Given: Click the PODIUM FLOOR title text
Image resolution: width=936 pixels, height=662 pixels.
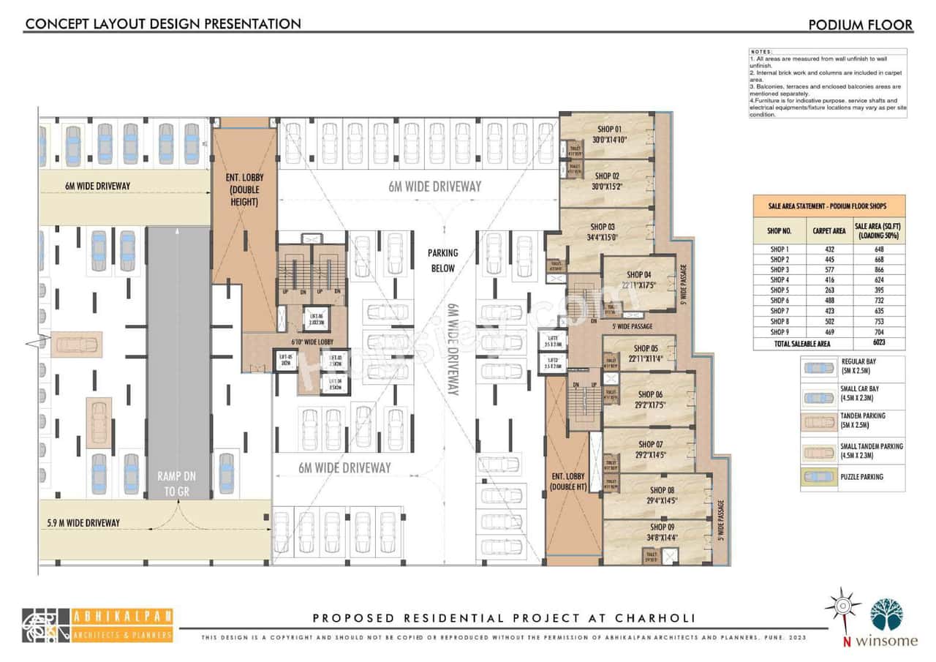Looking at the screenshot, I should pos(860,25).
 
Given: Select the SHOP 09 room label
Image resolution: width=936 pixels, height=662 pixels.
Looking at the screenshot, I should pos(662,527).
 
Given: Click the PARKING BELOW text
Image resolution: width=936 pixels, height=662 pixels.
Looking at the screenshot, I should pos(442,260).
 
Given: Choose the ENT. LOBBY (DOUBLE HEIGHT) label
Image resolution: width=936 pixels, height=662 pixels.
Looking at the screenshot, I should pos(244,189).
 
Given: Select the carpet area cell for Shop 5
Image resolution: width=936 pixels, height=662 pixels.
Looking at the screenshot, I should pos(829,290).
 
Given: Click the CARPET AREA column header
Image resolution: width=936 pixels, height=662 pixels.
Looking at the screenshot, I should pos(829,230).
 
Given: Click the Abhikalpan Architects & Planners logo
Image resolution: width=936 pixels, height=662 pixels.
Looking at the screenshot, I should pos(97,625).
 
